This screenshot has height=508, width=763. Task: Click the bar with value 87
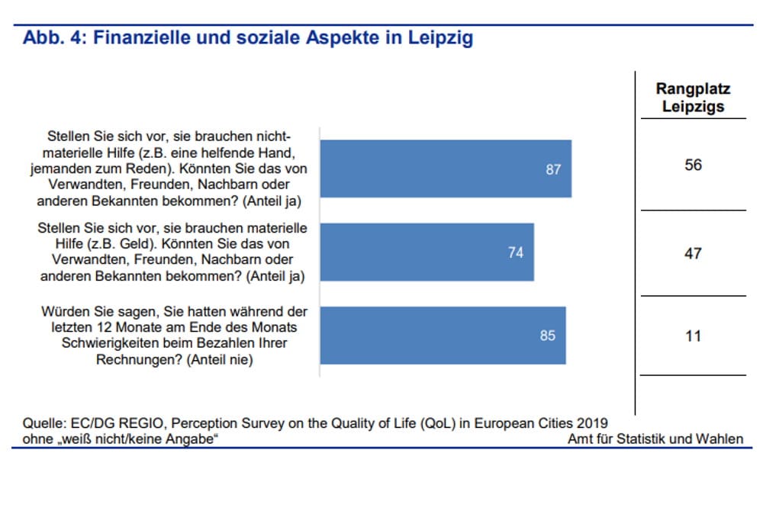click(445, 169)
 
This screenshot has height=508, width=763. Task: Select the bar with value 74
click(427, 252)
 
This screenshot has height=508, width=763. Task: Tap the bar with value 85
click(443, 335)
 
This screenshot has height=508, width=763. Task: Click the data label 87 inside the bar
click(553, 169)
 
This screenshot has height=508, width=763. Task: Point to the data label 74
click(516, 252)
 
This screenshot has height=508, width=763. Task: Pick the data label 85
click(548, 335)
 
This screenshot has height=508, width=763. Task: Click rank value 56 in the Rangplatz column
click(693, 165)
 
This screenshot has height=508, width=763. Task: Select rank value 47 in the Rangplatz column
click(693, 253)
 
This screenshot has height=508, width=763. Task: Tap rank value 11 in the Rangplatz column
click(693, 336)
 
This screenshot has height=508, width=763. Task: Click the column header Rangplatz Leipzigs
click(693, 98)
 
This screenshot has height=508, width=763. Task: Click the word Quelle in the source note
click(43, 424)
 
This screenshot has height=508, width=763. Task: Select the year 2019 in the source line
click(592, 424)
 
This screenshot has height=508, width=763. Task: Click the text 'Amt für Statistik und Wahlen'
click(655, 439)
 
